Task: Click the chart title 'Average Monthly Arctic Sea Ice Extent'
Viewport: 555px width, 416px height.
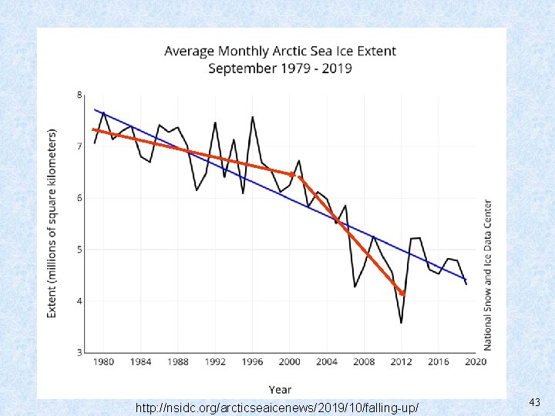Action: pyautogui.click(x=280, y=52)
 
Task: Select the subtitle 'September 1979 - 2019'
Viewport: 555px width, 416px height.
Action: pyautogui.click(x=280, y=69)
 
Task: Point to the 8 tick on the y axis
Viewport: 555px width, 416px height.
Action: pyautogui.click(x=80, y=95)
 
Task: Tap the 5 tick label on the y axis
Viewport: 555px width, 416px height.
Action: pyautogui.click(x=80, y=250)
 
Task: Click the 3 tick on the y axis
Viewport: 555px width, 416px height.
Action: pyautogui.click(x=80, y=352)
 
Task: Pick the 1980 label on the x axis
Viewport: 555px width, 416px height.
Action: pyautogui.click(x=103, y=362)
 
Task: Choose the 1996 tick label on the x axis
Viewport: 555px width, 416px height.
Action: pyautogui.click(x=252, y=362)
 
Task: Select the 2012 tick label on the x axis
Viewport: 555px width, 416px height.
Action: pyautogui.click(x=401, y=362)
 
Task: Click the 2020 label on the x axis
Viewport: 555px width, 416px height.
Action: pyautogui.click(x=475, y=362)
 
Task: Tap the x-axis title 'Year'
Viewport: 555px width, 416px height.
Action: pyautogui.click(x=280, y=389)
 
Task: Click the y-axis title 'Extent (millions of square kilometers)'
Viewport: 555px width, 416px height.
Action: pyautogui.click(x=52, y=223)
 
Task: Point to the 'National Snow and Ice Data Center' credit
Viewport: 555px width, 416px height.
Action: pyautogui.click(x=488, y=275)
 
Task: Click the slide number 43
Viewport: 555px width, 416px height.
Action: pyautogui.click(x=535, y=402)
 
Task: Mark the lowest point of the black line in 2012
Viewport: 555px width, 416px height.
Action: pyautogui.click(x=401, y=323)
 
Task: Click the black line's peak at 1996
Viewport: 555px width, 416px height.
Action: pyautogui.click(x=252, y=117)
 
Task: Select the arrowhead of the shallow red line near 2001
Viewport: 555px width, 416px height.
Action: pyautogui.click(x=293, y=175)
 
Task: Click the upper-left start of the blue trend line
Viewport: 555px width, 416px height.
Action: pyautogui.click(x=95, y=109)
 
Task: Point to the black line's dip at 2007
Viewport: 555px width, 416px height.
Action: pyautogui.click(x=355, y=287)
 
